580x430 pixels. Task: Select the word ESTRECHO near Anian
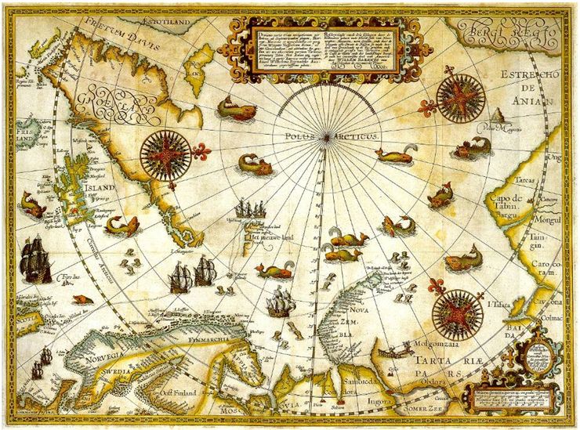[531, 74]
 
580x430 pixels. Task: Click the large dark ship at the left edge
[35, 259]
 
